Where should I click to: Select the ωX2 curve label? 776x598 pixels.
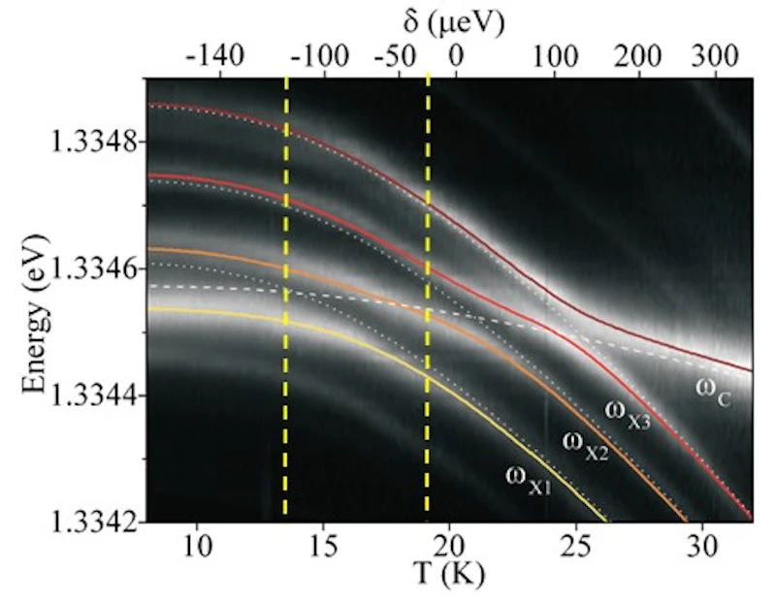coord(586,445)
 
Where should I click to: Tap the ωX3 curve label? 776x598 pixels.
coord(627,415)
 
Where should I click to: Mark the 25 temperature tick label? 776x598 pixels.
coord(576,546)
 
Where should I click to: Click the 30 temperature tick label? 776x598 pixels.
coord(702,546)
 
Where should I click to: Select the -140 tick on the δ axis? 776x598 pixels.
coord(214,57)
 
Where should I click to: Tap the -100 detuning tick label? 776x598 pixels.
coord(320,57)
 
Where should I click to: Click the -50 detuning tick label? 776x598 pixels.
coord(395,57)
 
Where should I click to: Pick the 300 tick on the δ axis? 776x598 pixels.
coord(714,57)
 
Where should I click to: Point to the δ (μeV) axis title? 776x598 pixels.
coord(454,22)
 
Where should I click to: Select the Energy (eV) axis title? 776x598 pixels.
coord(36,315)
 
